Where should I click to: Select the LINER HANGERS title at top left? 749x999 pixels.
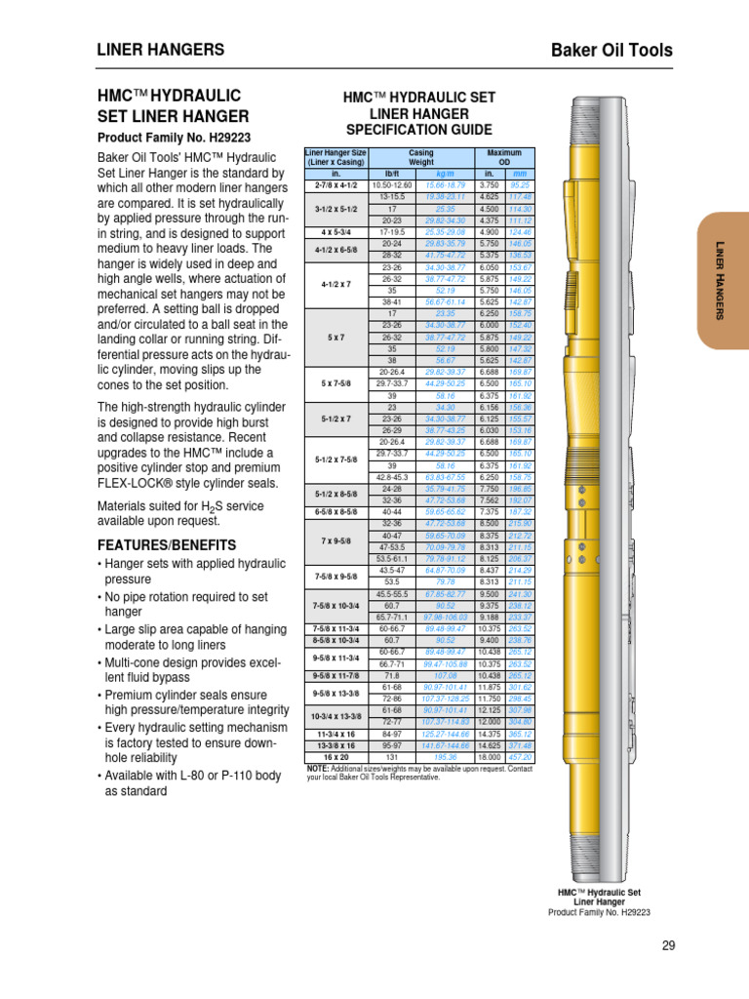coord(159,50)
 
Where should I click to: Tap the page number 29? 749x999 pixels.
coord(668,944)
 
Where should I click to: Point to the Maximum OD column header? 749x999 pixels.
coord(504,158)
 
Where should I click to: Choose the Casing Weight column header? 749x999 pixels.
coord(421,158)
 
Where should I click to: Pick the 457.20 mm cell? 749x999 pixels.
coord(520,757)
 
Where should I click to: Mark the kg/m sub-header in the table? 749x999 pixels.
coord(446,174)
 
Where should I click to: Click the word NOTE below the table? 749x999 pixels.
coord(318,768)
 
